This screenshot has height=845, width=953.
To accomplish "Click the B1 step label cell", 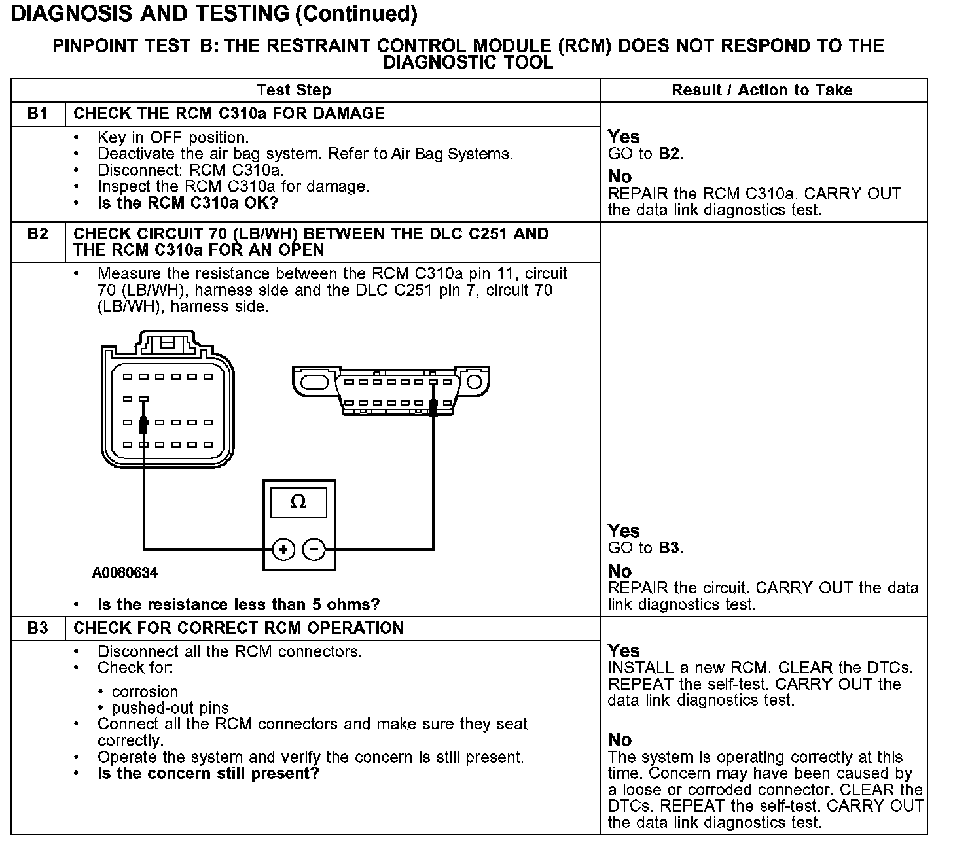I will click(38, 114).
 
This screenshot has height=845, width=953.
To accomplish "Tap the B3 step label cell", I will click(38, 629).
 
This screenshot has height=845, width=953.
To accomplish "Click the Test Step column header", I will click(294, 90).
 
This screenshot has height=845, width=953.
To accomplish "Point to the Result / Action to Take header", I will click(762, 90).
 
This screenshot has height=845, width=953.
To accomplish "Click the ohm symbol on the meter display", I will click(298, 502).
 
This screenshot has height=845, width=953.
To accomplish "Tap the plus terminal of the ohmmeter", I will click(283, 549).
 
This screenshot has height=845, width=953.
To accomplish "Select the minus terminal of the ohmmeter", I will click(315, 549).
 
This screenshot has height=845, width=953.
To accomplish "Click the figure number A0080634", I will click(125, 573).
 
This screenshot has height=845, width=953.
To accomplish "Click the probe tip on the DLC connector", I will click(433, 407).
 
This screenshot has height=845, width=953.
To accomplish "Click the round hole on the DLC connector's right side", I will click(474, 381).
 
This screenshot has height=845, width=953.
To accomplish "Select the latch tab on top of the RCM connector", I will click(167, 341).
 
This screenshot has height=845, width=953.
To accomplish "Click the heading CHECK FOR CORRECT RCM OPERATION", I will click(238, 629).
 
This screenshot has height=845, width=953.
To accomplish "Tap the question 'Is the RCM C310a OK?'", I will click(188, 203).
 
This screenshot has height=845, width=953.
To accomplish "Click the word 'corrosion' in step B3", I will click(145, 692).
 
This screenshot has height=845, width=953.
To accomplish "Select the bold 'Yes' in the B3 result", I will click(623, 651).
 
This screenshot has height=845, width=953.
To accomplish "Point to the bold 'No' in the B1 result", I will click(620, 177).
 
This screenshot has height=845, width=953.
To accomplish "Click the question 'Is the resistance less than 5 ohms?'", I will click(238, 604).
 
